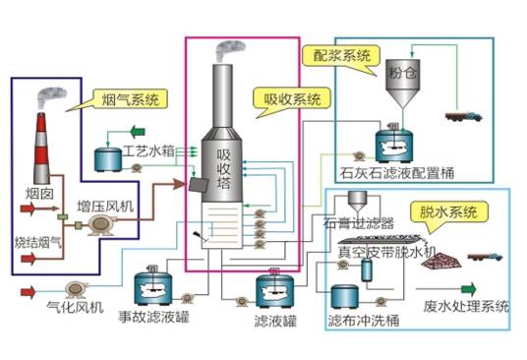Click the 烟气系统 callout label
click(x=127, y=99)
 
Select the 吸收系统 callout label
click(x=284, y=99)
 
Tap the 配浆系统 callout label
click(x=340, y=55)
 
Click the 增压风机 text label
click(x=106, y=208)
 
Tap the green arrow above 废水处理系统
click(x=465, y=288)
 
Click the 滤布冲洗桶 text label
click(x=361, y=322)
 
